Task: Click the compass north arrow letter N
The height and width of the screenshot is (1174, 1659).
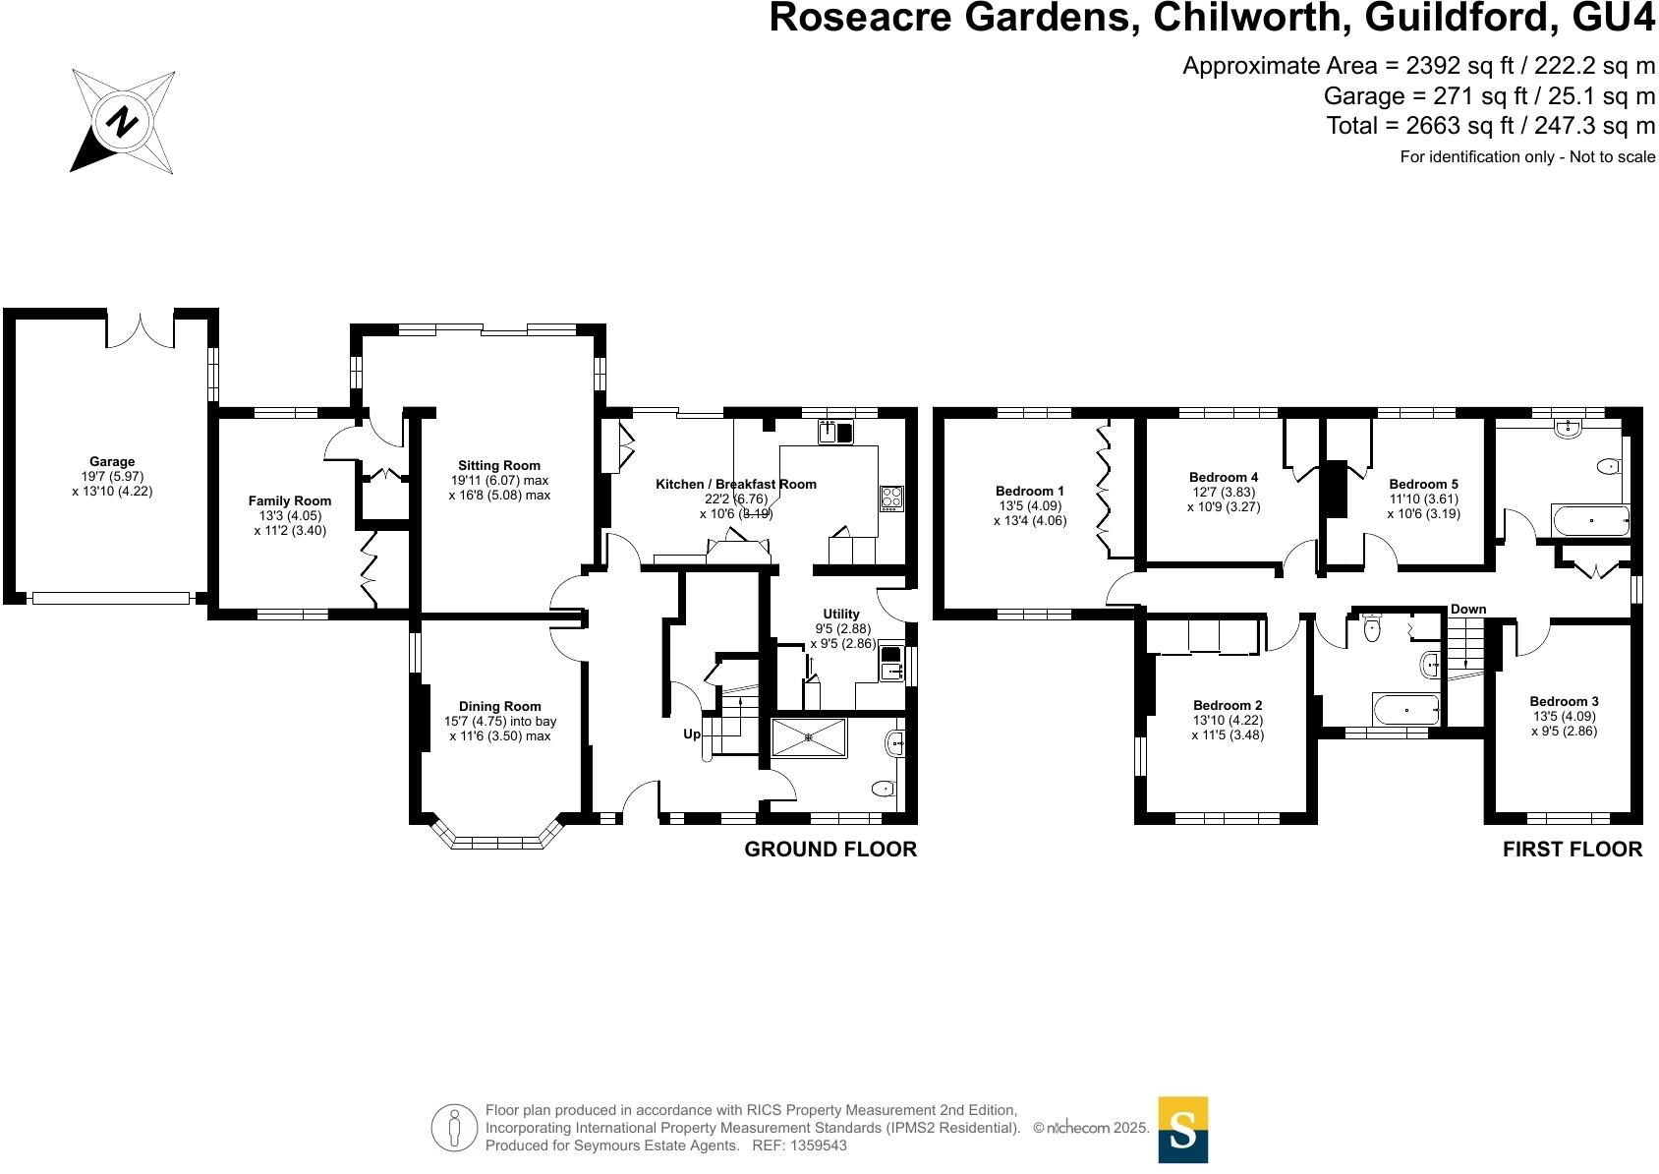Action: (x=123, y=122)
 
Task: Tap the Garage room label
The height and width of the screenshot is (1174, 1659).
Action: (x=112, y=461)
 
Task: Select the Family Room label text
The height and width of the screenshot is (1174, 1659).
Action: (x=289, y=500)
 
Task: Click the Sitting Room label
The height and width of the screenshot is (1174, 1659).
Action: (x=499, y=465)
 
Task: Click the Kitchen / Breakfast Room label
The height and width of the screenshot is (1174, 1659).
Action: (x=735, y=484)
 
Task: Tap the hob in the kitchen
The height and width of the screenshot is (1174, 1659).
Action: (x=891, y=498)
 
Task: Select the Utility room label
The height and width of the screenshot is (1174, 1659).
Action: (x=841, y=614)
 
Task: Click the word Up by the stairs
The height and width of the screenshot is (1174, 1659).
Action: (x=692, y=734)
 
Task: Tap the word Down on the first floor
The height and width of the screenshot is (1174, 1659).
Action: (x=1468, y=609)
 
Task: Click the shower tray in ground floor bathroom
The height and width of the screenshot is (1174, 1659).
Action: (x=808, y=737)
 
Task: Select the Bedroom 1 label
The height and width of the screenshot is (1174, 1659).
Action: (x=1029, y=491)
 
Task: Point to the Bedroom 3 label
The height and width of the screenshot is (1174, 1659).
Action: (x=1564, y=701)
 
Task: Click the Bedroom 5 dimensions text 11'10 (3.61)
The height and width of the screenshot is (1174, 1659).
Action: (x=1423, y=499)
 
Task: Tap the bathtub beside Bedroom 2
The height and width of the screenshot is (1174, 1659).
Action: (x=1405, y=708)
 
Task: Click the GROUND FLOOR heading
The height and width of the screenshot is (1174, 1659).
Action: (x=829, y=850)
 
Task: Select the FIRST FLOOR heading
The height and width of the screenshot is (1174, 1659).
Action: (x=1572, y=850)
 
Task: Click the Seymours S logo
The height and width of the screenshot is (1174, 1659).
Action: (x=1182, y=1130)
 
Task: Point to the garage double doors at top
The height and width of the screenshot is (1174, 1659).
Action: (x=141, y=329)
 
